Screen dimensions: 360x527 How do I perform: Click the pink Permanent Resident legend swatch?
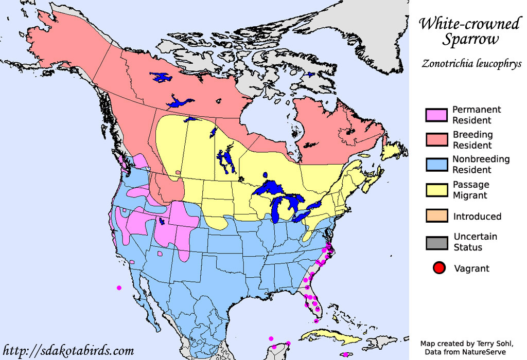[x=435, y=115]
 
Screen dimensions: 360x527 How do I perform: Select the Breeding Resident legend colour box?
[x=435, y=140]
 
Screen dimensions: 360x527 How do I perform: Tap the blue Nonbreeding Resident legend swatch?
[x=435, y=165]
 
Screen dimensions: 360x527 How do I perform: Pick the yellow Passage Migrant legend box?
[x=435, y=190]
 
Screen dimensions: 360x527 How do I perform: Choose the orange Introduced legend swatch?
[x=435, y=217]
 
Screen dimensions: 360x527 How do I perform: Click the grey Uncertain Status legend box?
[x=435, y=242]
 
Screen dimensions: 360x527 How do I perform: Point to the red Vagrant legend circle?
[x=439, y=268]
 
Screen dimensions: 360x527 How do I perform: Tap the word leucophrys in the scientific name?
[x=495, y=64]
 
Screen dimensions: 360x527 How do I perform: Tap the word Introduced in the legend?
[x=477, y=217]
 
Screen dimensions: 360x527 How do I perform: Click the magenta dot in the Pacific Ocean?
[x=119, y=287]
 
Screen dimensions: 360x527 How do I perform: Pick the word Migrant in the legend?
[x=470, y=195]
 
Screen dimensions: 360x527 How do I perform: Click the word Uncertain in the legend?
[x=475, y=237]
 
